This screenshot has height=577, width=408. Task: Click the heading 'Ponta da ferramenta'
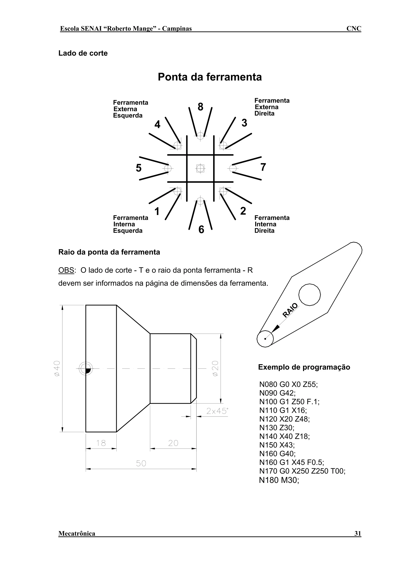(210, 77)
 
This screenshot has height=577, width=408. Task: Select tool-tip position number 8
(200, 107)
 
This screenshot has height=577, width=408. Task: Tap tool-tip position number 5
(138, 168)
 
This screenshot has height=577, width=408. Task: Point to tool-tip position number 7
(263, 167)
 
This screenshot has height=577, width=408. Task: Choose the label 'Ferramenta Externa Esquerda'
(130, 109)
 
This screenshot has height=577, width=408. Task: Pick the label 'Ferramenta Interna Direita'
(272, 224)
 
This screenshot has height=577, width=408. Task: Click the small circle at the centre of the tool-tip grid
(200, 168)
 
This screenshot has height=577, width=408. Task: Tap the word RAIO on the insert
(290, 310)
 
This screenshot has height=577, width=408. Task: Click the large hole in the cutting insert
(309, 294)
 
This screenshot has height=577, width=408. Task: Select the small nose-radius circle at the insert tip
(265, 339)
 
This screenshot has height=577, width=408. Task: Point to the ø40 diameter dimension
(57, 368)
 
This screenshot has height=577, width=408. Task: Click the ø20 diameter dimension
(215, 368)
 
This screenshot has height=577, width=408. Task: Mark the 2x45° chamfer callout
(217, 411)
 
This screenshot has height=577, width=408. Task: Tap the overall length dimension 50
(141, 463)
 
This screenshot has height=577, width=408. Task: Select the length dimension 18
(101, 443)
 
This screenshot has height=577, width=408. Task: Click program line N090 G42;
(278, 393)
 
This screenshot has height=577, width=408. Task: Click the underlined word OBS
(66, 270)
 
